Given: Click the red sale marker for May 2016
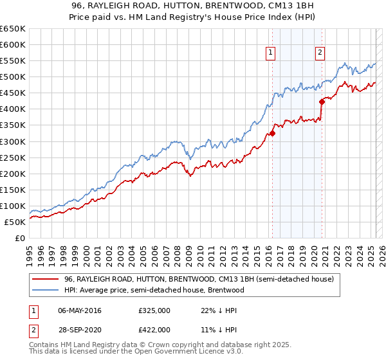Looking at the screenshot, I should (272, 133).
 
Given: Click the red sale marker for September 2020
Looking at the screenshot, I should (322, 102).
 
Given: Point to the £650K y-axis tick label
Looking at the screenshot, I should (13, 29).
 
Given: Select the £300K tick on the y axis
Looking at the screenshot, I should (13, 141).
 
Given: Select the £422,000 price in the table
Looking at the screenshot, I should (154, 329).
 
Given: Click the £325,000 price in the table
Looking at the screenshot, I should (154, 310).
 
